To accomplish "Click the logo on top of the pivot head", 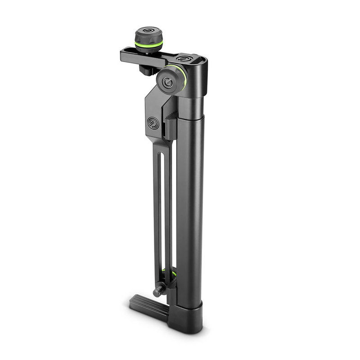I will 184,58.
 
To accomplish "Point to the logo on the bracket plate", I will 153,122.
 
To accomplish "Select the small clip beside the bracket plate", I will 168,128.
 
